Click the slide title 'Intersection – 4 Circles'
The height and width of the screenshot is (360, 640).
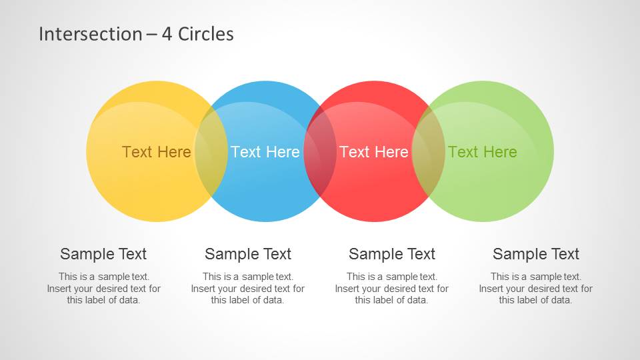click(136, 34)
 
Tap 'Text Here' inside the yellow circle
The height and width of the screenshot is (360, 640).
click(156, 152)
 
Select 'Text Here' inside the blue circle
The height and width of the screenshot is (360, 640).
click(265, 152)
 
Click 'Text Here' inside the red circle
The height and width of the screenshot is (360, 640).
click(374, 152)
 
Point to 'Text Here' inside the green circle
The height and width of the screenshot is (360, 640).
click(483, 152)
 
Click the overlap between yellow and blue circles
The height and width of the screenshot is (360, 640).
click(211, 151)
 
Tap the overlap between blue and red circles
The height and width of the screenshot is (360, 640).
click(320, 151)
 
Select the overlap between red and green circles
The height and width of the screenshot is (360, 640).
click(429, 151)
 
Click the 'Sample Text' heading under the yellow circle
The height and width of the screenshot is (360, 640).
click(103, 254)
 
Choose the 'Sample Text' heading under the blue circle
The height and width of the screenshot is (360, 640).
click(248, 254)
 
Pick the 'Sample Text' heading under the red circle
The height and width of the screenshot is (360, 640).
click(392, 254)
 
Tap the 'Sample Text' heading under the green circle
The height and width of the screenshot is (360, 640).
click(536, 254)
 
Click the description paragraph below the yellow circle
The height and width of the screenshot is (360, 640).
click(104, 288)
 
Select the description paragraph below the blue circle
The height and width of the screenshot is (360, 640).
click(248, 288)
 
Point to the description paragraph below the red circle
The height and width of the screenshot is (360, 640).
click(392, 288)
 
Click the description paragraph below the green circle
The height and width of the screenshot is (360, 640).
click(536, 288)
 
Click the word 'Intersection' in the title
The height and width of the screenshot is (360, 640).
click(90, 34)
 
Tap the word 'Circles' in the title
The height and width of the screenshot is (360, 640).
click(206, 34)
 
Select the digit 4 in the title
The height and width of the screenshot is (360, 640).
click(167, 34)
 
